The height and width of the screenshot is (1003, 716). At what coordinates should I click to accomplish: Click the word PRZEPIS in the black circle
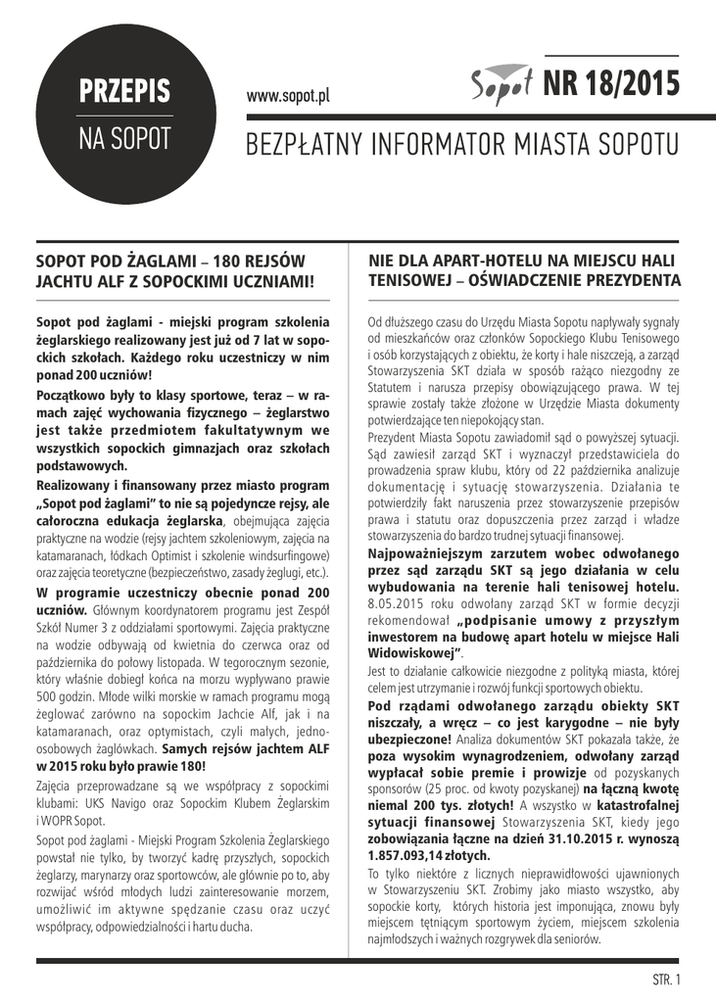pos(124,91)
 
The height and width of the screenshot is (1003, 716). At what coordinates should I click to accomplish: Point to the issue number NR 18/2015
pos(611,85)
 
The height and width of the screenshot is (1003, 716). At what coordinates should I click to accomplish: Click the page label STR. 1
pos(666,979)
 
